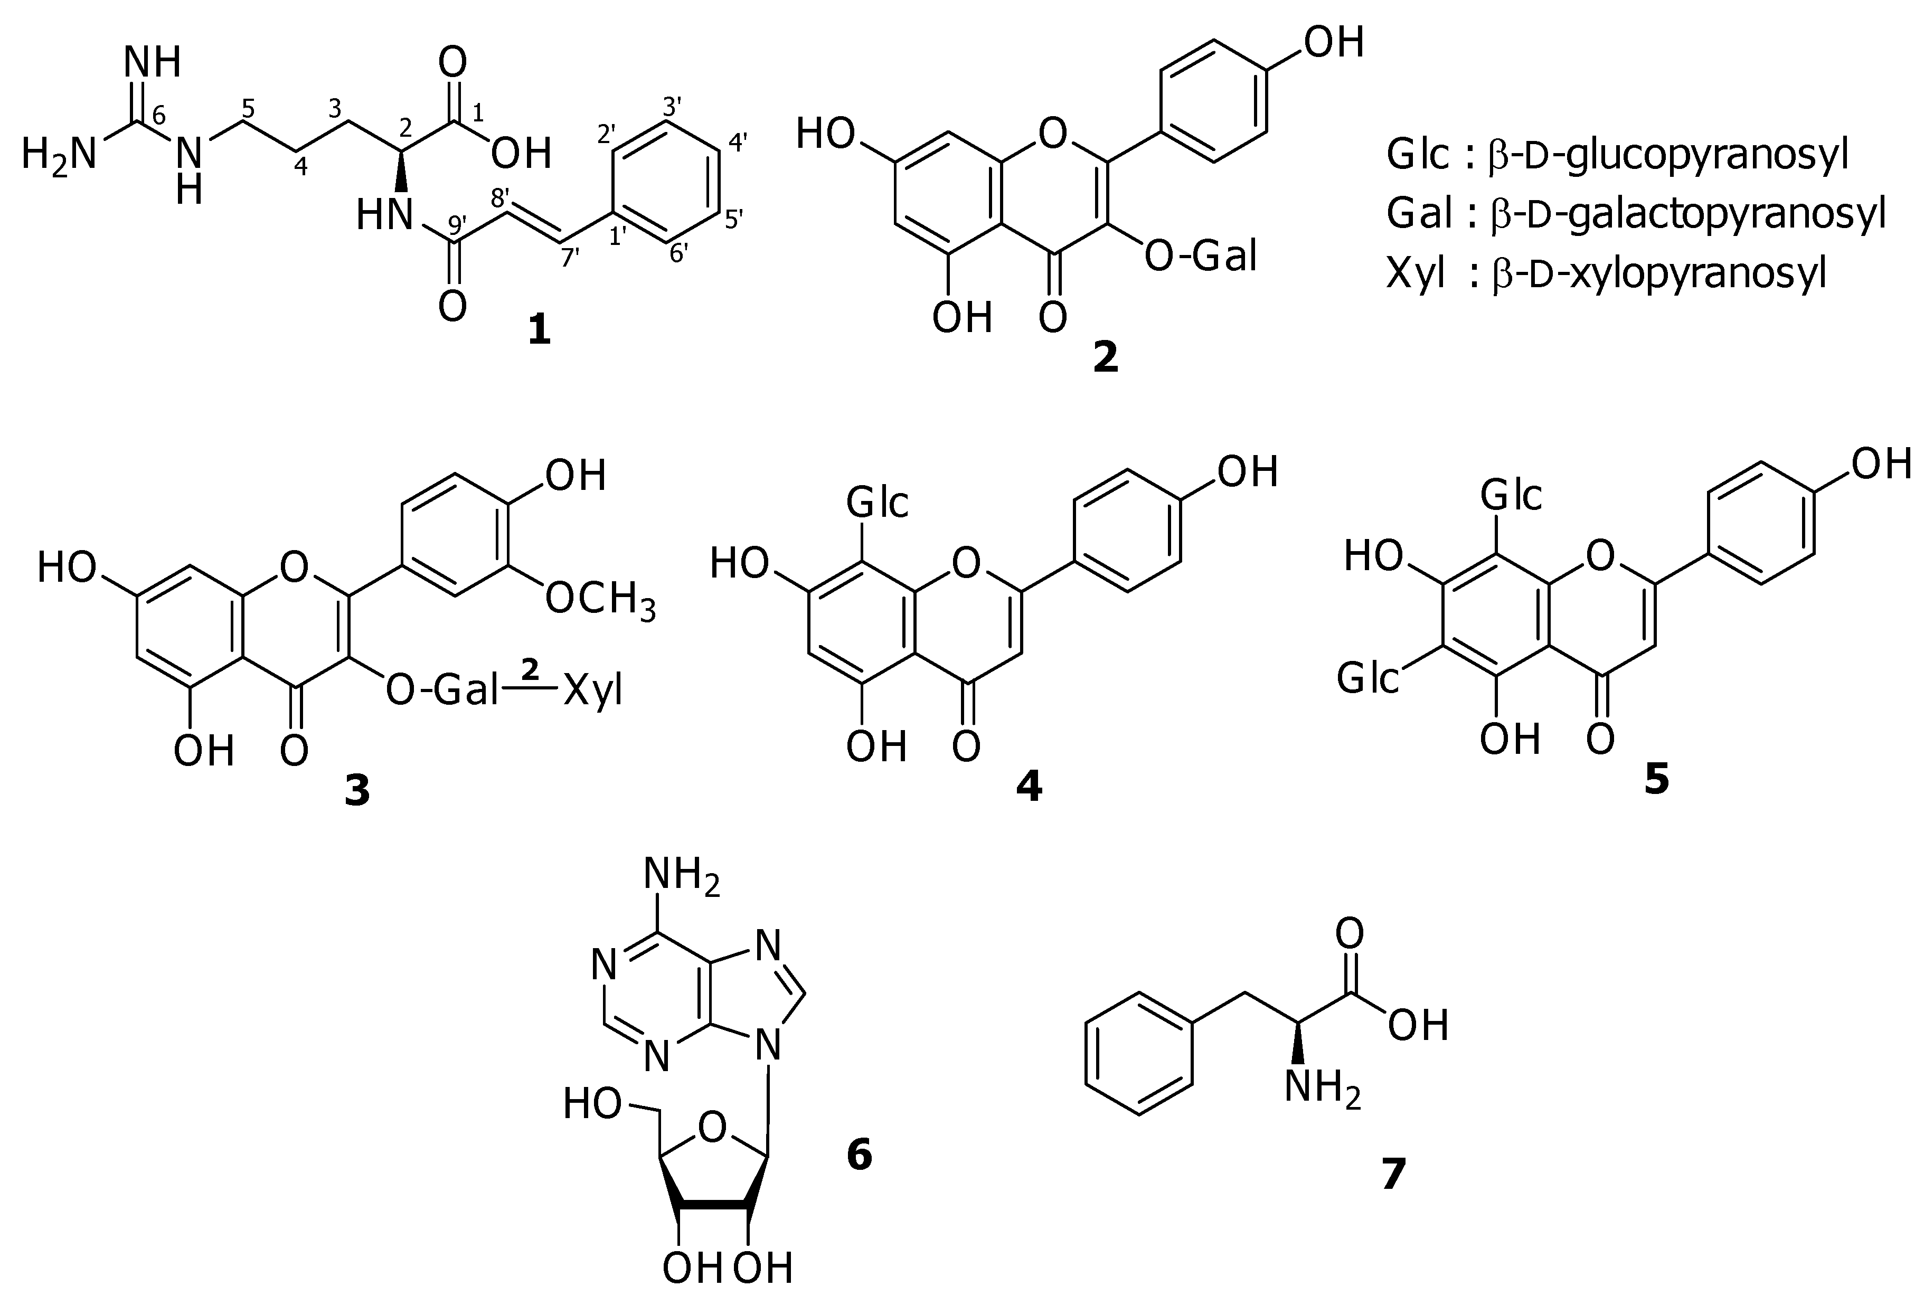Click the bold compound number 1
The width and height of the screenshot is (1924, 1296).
[539, 332]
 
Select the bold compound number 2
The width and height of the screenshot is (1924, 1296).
[1105, 357]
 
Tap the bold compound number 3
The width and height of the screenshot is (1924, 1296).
[357, 791]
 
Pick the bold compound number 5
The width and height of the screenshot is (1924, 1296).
[1656, 779]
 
